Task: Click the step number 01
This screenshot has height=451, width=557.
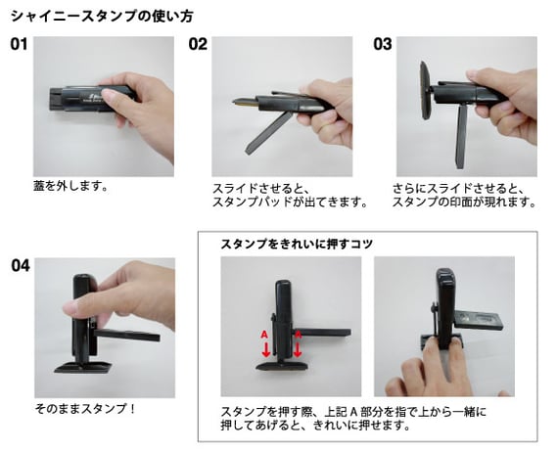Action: click(x=19, y=44)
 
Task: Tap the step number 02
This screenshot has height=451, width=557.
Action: click(x=198, y=44)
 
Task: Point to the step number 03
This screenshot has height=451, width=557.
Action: click(x=383, y=44)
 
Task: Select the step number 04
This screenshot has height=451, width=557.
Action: click(x=21, y=266)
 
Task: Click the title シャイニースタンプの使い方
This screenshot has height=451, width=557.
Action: click(x=102, y=17)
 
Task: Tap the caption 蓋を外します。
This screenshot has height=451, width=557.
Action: click(x=70, y=186)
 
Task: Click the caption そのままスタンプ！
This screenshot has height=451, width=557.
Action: click(x=85, y=408)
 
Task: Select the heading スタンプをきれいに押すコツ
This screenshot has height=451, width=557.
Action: click(x=297, y=244)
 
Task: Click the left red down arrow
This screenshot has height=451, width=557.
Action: click(x=265, y=348)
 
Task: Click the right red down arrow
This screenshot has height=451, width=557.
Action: click(x=298, y=348)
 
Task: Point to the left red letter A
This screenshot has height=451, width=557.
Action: click(x=264, y=335)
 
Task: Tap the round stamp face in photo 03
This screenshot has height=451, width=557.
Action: click(x=426, y=90)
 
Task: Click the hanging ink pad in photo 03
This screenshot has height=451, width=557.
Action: click(x=461, y=136)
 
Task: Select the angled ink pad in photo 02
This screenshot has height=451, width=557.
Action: click(x=267, y=133)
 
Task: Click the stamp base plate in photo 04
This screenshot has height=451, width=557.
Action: click(x=84, y=367)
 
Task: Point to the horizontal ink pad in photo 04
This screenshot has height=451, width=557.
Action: click(x=128, y=335)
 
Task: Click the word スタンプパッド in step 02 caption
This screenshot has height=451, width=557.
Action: click(x=253, y=203)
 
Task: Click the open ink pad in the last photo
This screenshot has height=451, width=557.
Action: click(x=479, y=319)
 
